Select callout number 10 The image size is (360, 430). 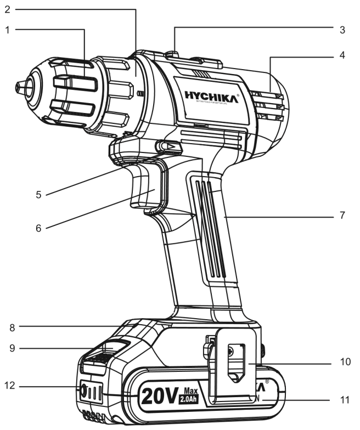pos(344,362)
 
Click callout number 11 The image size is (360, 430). pos(344,400)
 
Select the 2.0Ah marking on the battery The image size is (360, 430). pos(190,399)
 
